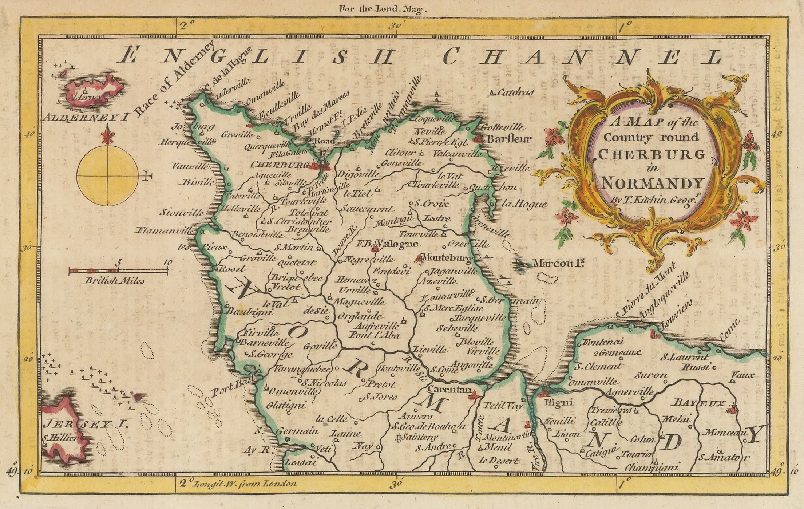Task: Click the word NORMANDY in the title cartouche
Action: coord(651,184)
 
